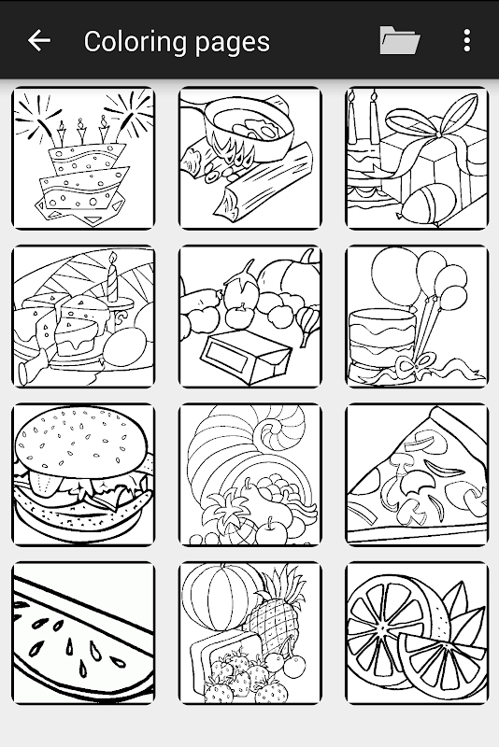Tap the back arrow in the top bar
(39, 40)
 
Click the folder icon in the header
(399, 40)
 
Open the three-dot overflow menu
(467, 40)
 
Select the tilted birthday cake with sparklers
(83, 158)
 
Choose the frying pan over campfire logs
(250, 158)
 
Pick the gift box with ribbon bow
(417, 158)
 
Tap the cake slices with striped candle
(83, 317)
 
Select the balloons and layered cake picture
(417, 317)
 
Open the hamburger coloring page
(83, 474)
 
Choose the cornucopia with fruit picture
(250, 474)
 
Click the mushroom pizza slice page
(417, 474)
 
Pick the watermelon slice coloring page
(83, 633)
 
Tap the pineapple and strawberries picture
(250, 633)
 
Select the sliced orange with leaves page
(417, 633)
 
